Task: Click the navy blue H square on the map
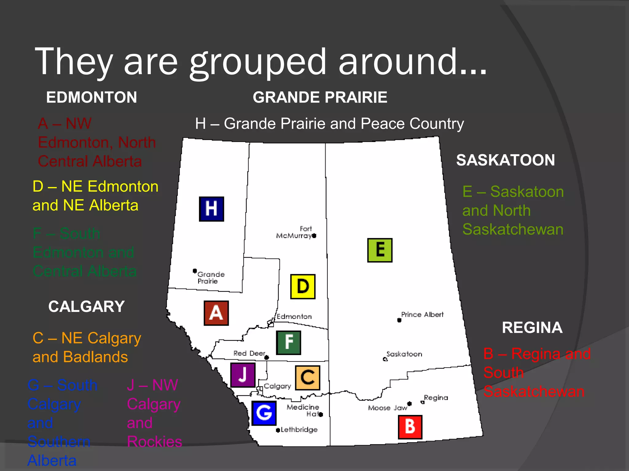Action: (211, 209)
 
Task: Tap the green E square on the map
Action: (380, 250)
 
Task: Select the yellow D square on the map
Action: (303, 286)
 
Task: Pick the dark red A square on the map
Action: (216, 313)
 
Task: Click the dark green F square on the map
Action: (288, 343)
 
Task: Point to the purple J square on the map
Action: (243, 375)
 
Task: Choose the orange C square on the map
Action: (307, 377)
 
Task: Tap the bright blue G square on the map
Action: (264, 413)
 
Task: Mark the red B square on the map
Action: (410, 427)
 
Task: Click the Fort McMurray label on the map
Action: (294, 232)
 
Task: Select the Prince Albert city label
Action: (422, 315)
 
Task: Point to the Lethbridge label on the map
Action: (299, 430)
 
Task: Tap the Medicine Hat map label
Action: (303, 410)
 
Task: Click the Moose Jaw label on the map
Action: (388, 408)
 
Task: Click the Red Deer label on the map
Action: (249, 353)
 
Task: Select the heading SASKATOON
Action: (506, 160)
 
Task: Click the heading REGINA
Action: (532, 327)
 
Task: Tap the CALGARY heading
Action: (87, 306)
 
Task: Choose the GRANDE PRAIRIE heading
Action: (320, 97)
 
